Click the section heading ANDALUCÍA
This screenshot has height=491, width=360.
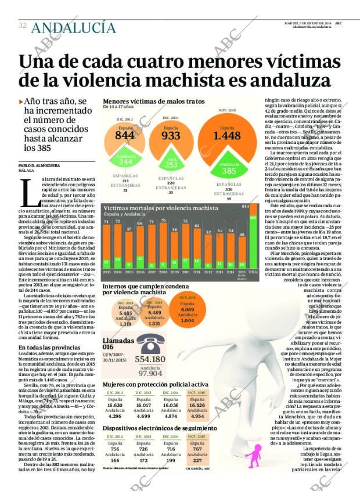coord(73,27)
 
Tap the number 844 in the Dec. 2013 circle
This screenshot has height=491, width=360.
coord(124,135)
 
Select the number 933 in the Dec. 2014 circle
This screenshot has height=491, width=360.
coord(171,136)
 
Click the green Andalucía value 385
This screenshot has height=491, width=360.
coord(229,171)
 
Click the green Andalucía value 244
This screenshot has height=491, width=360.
coord(125,162)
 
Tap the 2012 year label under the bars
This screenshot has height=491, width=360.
coord(208,271)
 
